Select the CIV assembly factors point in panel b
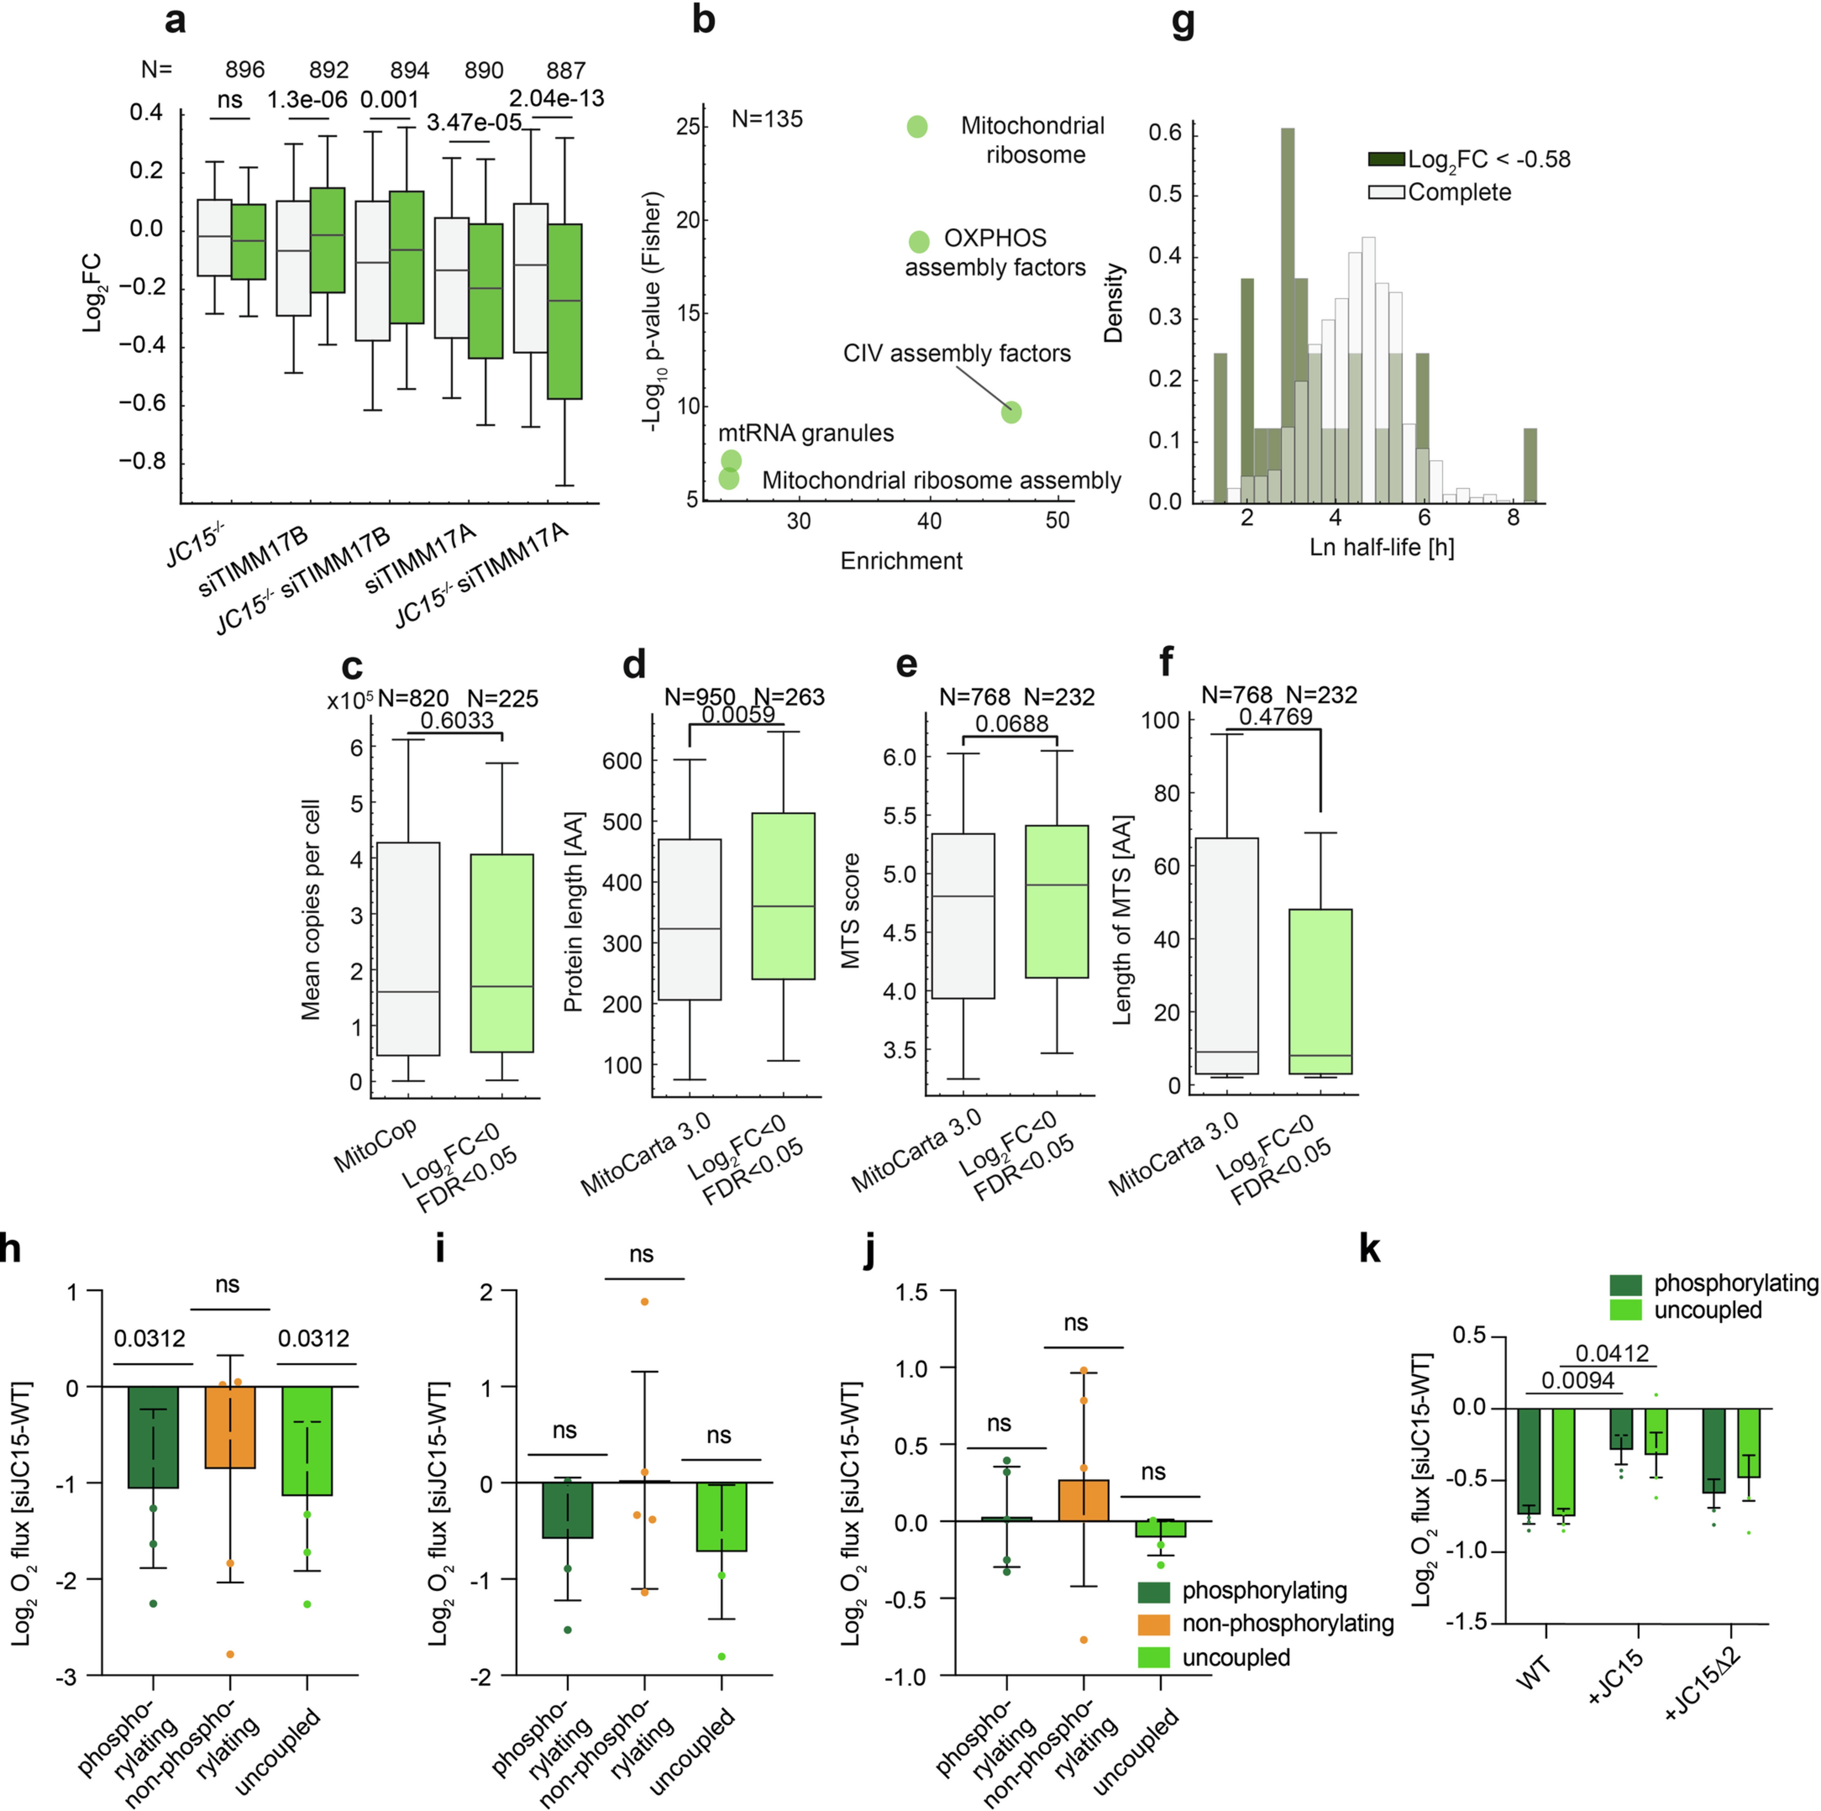click(x=1011, y=412)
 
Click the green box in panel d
click(x=782, y=896)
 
